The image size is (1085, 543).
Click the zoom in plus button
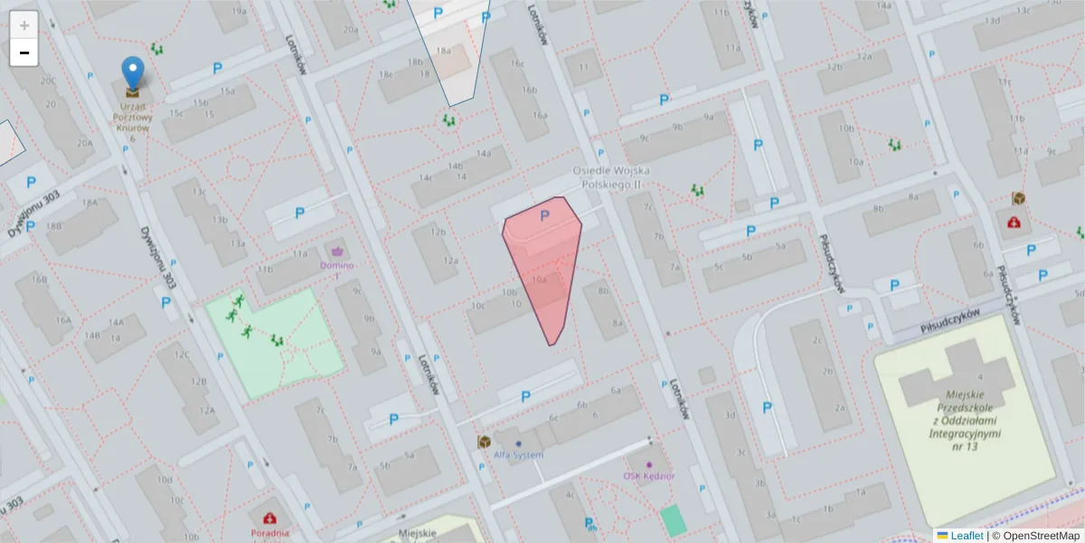[x=24, y=25]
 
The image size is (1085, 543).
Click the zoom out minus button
[x=24, y=52]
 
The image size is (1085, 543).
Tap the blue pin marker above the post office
[x=133, y=72]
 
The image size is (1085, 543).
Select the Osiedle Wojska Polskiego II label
[x=612, y=177]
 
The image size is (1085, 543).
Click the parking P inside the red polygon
[x=544, y=216]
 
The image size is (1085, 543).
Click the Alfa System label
[x=519, y=454]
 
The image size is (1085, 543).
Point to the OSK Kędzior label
[x=649, y=476]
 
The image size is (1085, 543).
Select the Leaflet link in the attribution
[x=967, y=536]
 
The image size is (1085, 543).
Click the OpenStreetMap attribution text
[x=1036, y=536]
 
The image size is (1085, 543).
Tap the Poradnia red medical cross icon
[x=269, y=519]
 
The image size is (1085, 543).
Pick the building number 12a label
[x=450, y=261]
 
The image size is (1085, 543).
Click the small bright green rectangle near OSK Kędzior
[x=673, y=520]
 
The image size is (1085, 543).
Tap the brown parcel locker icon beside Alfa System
[x=485, y=442]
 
